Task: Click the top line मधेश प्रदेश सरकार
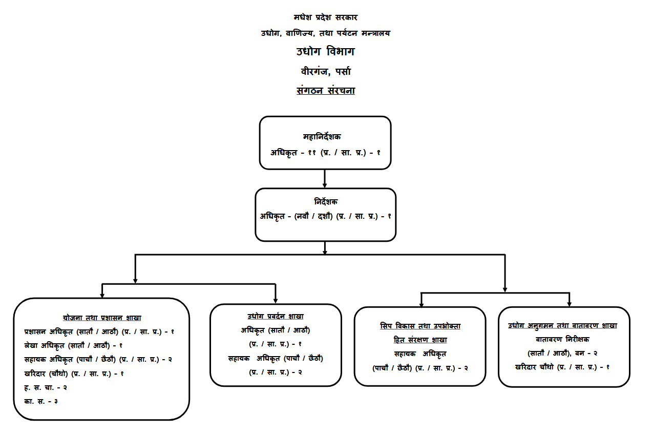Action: point(325,17)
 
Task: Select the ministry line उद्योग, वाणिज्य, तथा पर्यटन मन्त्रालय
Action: point(325,33)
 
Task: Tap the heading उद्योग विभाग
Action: point(325,52)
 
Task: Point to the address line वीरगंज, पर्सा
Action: point(325,71)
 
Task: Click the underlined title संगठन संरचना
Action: point(325,91)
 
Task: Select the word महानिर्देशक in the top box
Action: point(322,137)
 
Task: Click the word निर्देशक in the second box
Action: point(326,202)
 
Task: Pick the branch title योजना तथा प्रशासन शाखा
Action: point(102,318)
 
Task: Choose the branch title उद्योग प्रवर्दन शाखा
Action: point(276,316)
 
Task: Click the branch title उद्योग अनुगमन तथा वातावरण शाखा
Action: point(562,325)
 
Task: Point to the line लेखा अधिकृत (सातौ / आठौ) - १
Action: point(73,345)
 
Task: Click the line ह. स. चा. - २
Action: point(46,387)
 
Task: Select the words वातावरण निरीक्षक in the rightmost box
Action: point(562,339)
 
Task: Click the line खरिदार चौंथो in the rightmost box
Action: point(562,367)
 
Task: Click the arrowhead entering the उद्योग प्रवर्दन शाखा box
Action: point(276,300)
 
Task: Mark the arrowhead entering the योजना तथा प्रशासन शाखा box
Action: point(102,295)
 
